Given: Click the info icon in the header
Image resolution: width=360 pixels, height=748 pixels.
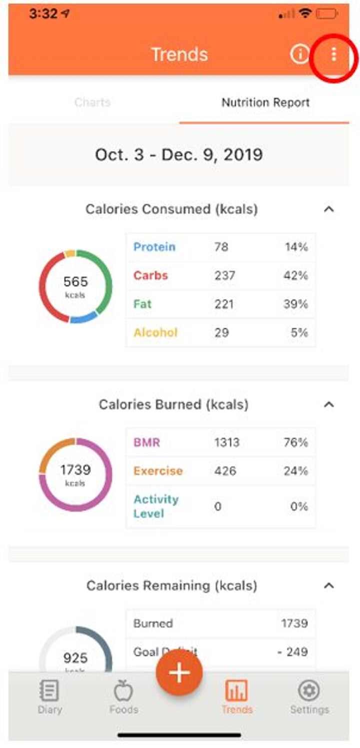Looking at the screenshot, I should click(x=299, y=54).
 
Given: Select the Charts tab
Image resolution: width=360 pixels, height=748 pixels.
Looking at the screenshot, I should click(x=92, y=103).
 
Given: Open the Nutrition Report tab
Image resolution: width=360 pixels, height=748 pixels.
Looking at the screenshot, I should click(x=265, y=103).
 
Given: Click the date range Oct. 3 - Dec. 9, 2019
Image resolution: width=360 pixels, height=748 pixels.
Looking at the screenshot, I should click(x=179, y=155).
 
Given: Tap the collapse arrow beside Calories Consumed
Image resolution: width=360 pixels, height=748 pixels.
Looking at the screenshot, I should click(x=328, y=210).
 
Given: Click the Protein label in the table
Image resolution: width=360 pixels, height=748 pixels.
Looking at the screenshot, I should click(x=154, y=247).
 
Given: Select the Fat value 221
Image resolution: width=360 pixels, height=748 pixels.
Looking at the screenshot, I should click(x=223, y=304).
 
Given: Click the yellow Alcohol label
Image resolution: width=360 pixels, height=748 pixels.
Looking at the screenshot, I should click(x=155, y=332).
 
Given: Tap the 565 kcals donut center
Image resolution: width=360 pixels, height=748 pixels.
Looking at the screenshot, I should click(x=75, y=286).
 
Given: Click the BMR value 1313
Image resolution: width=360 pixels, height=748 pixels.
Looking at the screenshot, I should click(x=226, y=442).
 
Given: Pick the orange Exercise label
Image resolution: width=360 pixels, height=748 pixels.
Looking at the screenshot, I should click(x=158, y=471).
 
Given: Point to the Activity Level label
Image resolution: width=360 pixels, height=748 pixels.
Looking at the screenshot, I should click(x=155, y=506).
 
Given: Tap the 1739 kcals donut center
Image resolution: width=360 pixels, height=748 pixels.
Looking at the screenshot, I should click(x=75, y=474).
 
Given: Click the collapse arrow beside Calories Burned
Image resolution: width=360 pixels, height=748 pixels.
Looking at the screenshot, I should click(x=328, y=404).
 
